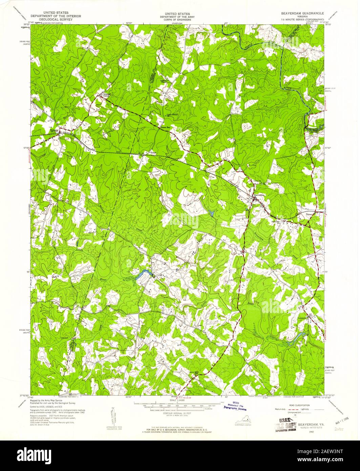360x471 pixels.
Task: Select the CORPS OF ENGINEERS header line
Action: click(175, 20)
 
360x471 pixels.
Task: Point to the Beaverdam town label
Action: click(258, 196)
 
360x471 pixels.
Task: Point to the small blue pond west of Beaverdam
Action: click(211, 213)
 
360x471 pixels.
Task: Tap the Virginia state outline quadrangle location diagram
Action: click(245, 422)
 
